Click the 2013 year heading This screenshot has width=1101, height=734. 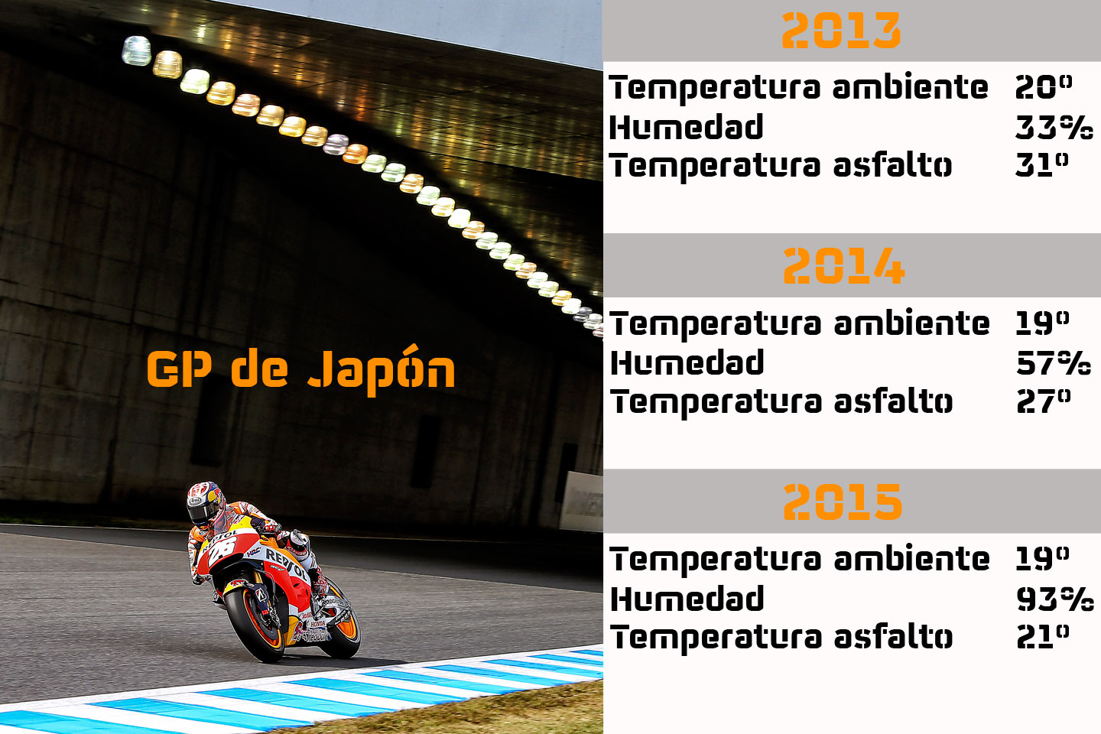841,31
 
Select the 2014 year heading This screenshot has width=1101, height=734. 843,266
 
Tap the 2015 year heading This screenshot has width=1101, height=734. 843,502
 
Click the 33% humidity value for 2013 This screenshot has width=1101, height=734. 1054,128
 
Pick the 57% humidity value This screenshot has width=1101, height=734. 1053,363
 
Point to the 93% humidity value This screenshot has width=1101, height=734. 1054,599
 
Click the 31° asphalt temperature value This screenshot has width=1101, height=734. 1041,164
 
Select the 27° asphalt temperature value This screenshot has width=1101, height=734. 1043,401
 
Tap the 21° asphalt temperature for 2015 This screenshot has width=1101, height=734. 1042,636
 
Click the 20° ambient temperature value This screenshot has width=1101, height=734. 1043,87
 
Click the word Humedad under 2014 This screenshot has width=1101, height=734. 687,363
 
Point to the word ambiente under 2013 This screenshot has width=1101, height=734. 910,87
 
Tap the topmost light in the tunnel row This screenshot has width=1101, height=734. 136,50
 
